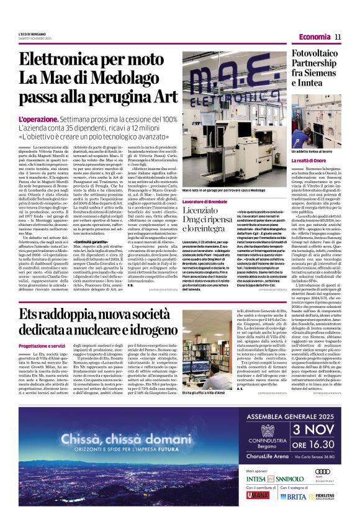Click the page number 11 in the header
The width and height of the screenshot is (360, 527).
coord(338,37)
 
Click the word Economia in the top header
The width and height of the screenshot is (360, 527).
coord(314,37)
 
